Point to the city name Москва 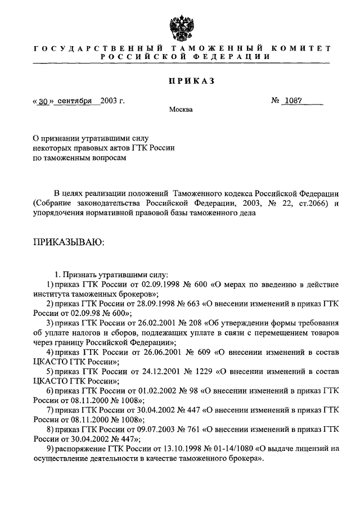click(x=181, y=110)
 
